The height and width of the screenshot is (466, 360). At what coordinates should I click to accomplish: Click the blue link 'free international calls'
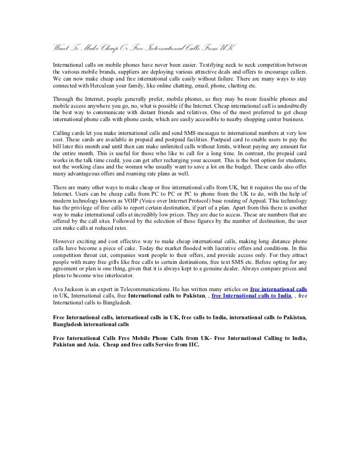tap(279, 288)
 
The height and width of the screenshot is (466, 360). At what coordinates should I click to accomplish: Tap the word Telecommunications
tap(146, 288)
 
